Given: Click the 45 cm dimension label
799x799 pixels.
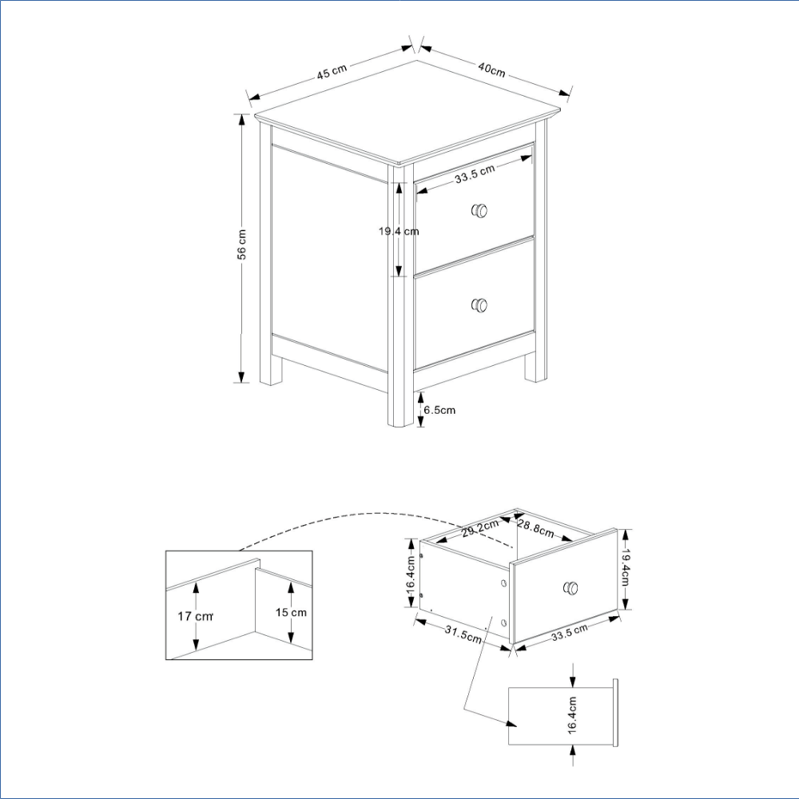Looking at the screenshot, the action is point(332,71).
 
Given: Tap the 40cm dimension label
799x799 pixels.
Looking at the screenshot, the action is point(491,70).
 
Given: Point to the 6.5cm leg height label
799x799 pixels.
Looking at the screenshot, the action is point(439,410).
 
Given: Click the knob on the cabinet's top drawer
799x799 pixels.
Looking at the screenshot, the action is point(479,210).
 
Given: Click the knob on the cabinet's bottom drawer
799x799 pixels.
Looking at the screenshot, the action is point(479,304).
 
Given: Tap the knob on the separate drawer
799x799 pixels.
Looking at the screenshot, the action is point(570,588).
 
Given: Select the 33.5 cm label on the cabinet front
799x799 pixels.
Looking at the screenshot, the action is point(475,173).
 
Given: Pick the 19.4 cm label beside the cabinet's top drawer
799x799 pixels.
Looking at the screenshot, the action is point(399,232).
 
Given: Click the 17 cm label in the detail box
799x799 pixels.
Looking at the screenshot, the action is point(195,616).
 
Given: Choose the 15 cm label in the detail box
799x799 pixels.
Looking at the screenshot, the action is point(291,613).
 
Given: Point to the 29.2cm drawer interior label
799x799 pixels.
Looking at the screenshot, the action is point(480,529).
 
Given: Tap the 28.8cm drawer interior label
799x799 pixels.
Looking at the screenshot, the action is point(535,528).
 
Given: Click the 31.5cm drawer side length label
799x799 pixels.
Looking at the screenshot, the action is point(463,634).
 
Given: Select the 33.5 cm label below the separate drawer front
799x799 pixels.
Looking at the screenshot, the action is point(570,631).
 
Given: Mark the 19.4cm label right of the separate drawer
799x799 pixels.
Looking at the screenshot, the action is point(626,567).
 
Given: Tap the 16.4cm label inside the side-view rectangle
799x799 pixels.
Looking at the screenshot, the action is point(572,715).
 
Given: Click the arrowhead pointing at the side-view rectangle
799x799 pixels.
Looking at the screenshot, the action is point(511,723).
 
